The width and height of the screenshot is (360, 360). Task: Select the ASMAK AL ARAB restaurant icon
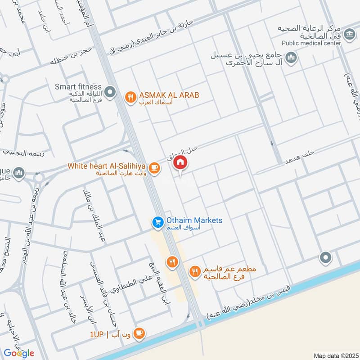click(x=130, y=97)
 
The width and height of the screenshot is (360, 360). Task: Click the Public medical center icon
click(x=349, y=34)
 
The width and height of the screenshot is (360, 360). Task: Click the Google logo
click(x=19, y=353)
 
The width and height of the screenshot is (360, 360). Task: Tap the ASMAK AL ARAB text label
click(x=169, y=95)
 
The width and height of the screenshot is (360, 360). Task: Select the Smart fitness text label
click(x=78, y=87)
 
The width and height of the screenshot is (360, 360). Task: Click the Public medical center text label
click(x=311, y=43)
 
